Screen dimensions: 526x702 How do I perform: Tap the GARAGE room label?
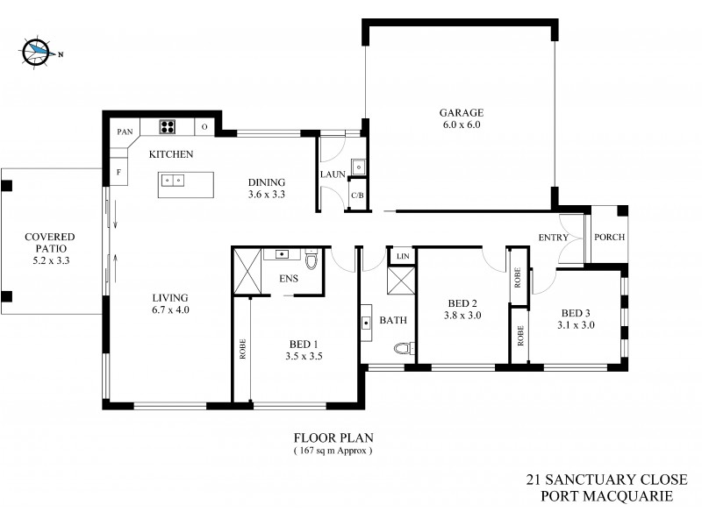tap(461, 112)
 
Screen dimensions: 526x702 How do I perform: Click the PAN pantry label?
tap(123, 132)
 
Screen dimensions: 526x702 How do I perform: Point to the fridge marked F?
tap(117, 172)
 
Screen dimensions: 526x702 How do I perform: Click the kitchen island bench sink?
tap(173, 180)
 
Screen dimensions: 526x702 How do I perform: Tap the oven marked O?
tap(204, 127)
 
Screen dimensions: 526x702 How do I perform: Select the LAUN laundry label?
tap(333, 174)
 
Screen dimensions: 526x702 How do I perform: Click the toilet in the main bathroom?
tap(403, 349)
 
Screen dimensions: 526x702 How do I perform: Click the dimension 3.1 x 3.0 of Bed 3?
tap(577, 324)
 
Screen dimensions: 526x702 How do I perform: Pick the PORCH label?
tap(608, 238)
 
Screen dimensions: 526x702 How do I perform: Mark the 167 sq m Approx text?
tap(333, 451)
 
